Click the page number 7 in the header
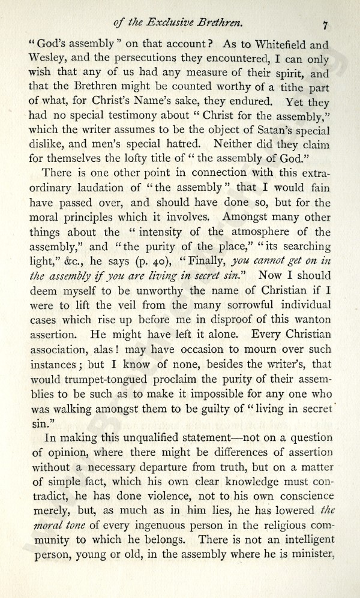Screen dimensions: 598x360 coord(325,26)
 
